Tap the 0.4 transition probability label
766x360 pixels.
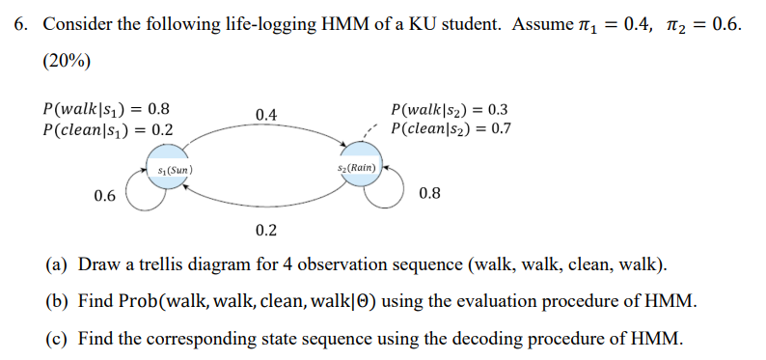click(266, 115)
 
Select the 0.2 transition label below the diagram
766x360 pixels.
click(266, 230)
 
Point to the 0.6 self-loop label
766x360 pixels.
click(105, 196)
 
